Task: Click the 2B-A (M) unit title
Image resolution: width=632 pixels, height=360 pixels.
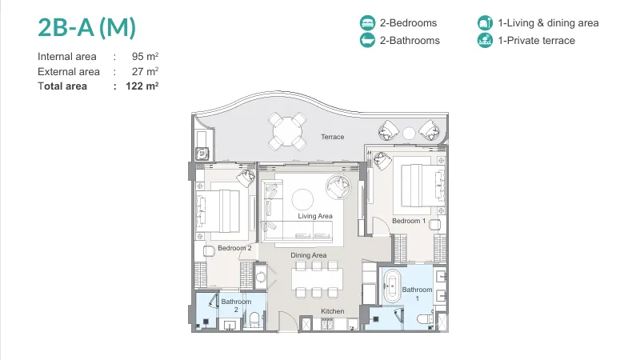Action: click(x=86, y=28)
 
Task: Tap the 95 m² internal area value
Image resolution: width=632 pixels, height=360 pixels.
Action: click(x=145, y=56)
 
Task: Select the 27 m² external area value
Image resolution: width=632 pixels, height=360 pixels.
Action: click(x=145, y=71)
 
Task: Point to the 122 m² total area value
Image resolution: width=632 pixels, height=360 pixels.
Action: click(x=142, y=86)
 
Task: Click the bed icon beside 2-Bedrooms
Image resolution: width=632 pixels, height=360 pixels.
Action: click(x=367, y=23)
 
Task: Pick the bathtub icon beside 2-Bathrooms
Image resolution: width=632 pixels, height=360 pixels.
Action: click(x=367, y=40)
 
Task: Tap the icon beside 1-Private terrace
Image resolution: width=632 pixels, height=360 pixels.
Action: click(x=485, y=40)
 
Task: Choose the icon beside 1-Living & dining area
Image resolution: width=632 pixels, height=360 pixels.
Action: click(x=485, y=23)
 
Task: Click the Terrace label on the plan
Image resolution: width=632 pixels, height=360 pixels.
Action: click(x=333, y=137)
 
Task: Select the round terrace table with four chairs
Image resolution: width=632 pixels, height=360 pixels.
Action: click(x=287, y=131)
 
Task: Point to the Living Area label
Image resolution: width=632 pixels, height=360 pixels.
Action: click(x=315, y=216)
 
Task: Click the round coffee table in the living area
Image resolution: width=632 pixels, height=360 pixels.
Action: click(x=302, y=199)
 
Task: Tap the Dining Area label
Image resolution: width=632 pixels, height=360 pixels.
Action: click(x=309, y=255)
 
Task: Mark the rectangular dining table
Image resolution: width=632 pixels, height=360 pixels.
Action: click(x=317, y=279)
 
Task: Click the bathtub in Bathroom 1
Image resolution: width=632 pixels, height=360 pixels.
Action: click(x=391, y=286)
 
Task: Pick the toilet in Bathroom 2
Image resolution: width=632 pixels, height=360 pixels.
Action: click(x=254, y=320)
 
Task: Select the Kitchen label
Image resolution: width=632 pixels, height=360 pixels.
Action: click(x=333, y=311)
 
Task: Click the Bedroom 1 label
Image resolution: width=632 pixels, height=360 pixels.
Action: click(x=409, y=221)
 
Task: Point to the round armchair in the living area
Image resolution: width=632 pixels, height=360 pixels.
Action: click(x=338, y=186)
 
